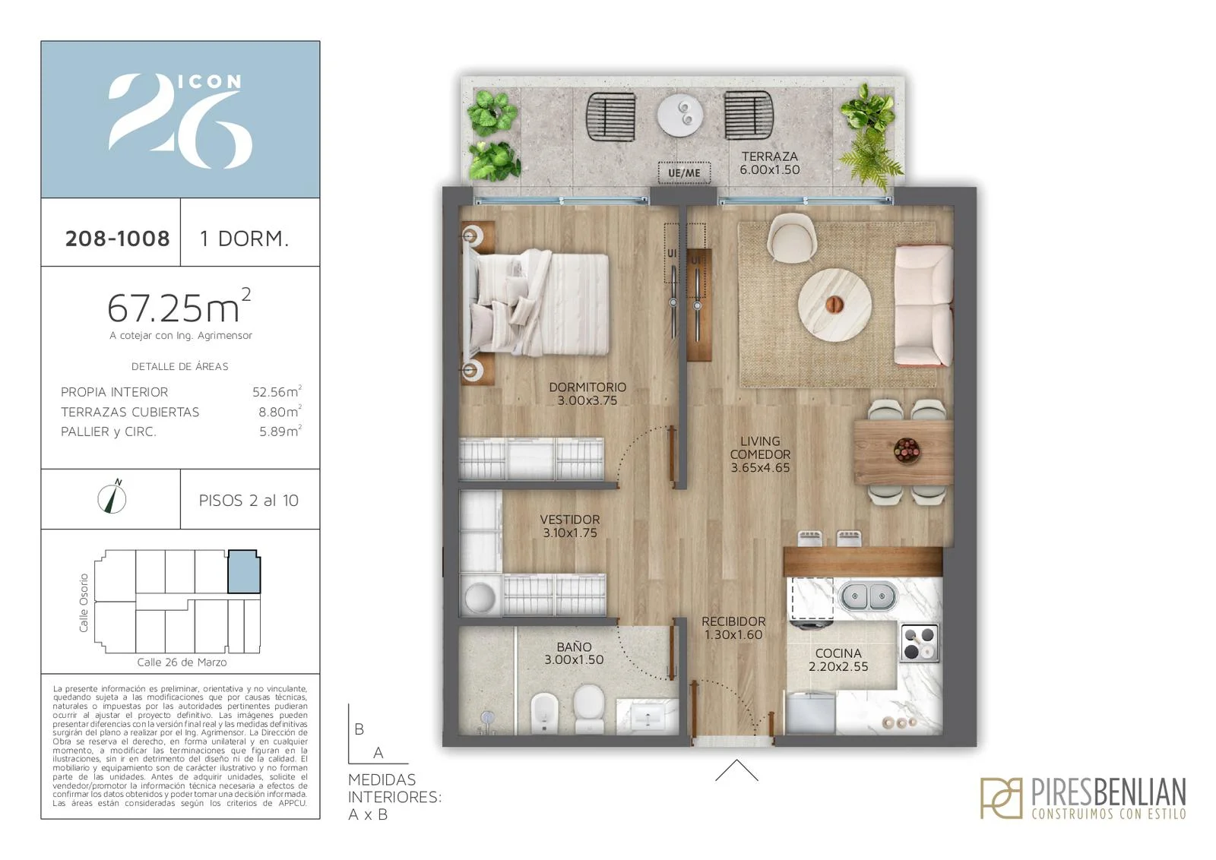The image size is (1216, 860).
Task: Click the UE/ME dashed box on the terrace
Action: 684,172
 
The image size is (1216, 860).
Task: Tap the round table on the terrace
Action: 679,115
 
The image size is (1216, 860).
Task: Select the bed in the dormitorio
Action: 537,304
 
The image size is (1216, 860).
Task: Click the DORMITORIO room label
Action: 587,387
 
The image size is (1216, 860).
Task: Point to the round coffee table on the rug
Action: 835,305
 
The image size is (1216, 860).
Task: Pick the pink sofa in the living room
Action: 923,305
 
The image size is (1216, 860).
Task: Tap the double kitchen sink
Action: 867,596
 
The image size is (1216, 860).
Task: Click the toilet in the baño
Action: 589,708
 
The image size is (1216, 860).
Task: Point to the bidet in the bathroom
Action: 544,713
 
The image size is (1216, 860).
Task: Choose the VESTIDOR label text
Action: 570,519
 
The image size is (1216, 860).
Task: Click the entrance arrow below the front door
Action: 736,770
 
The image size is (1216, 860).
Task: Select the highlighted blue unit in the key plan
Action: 244,571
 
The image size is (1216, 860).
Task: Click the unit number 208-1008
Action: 117,239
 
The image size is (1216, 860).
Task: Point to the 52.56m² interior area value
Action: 277,391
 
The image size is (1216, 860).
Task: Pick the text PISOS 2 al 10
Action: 249,500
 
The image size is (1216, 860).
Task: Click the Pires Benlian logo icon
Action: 1002,798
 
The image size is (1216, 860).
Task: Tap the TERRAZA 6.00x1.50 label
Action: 770,163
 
